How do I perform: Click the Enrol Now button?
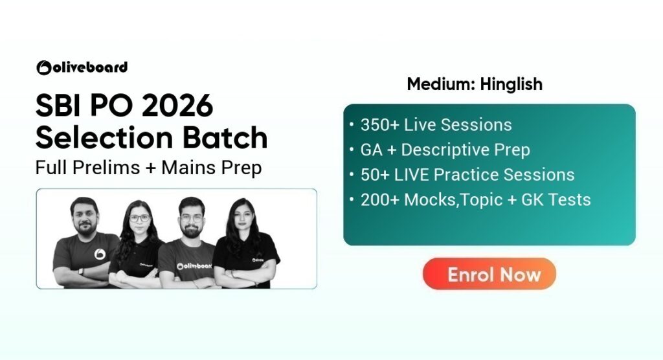coord(489,274)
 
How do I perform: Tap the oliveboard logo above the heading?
coord(82,67)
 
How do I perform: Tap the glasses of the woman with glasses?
coord(139,218)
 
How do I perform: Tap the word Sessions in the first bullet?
coord(475,125)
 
